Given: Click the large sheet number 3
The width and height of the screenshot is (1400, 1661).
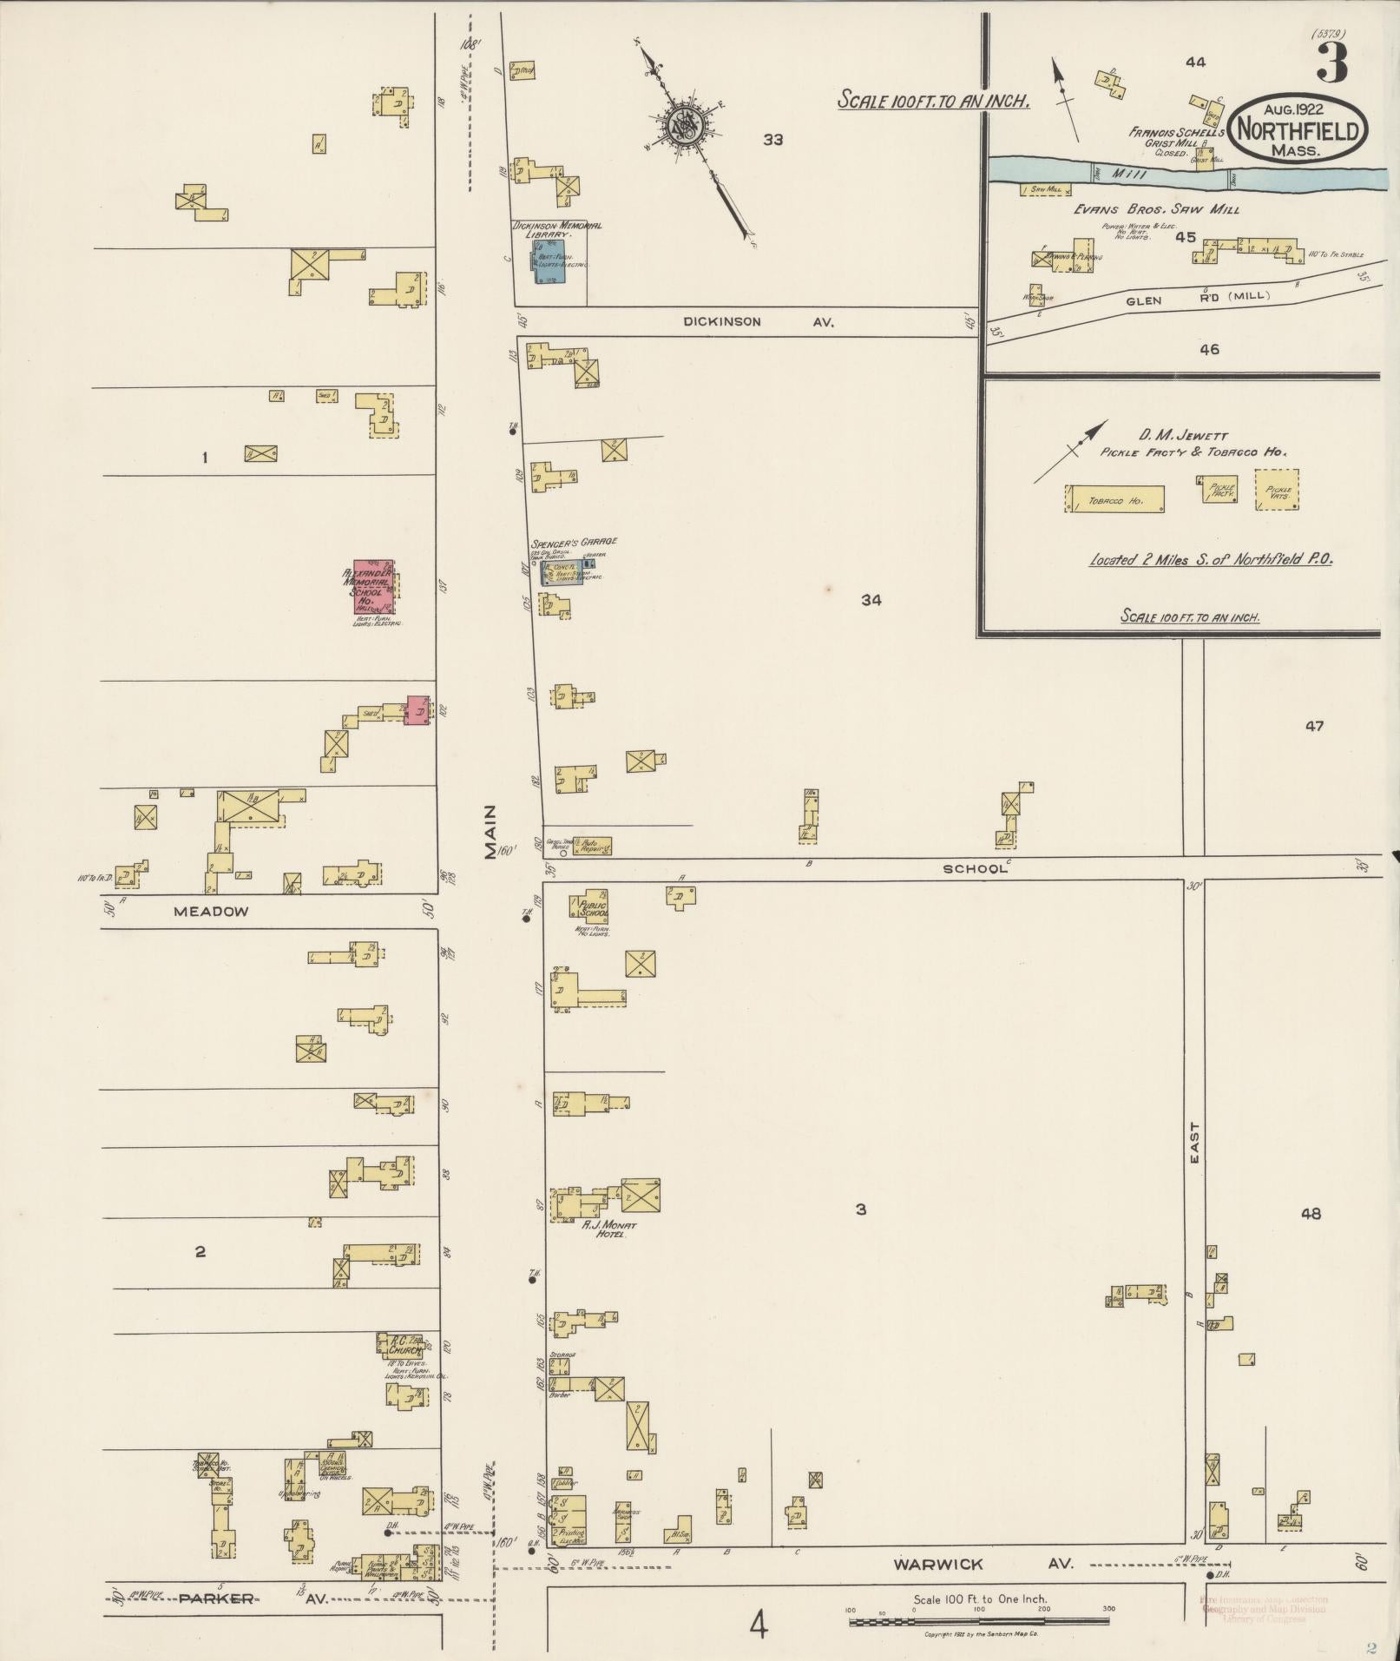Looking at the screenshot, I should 1332,61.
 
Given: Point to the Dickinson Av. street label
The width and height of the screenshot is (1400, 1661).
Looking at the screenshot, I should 758,322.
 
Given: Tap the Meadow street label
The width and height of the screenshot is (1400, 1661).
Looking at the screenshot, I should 211,911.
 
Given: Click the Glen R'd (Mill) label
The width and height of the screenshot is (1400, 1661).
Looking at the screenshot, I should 1197,298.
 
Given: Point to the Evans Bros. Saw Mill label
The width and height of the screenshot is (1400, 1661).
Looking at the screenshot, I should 1156,209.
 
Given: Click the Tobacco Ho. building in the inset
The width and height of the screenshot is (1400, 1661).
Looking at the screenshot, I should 1115,499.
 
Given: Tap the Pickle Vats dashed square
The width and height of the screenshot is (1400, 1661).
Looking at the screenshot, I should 1278,491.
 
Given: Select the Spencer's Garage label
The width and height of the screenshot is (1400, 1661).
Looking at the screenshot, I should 574,541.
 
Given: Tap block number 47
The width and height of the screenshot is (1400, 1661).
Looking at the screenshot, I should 1314,726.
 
